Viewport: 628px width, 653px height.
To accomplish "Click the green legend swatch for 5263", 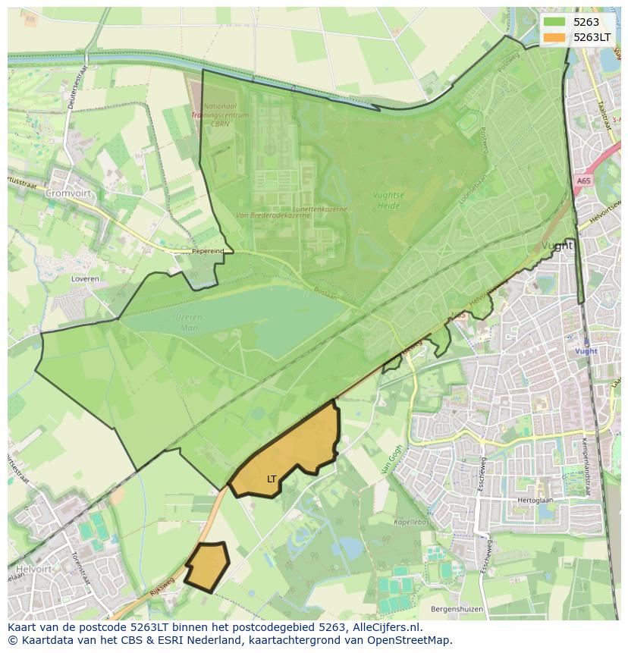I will [x=554, y=22].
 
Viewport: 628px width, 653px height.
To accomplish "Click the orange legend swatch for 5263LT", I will [x=554, y=37].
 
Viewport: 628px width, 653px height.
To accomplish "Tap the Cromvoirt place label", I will [x=68, y=193].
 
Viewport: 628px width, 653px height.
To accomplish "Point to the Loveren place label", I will [x=85, y=279].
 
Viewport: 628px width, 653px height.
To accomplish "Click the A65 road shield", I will [x=582, y=181].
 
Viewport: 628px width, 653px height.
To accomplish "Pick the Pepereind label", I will [x=208, y=250].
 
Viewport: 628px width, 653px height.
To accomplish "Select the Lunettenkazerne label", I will [x=319, y=208].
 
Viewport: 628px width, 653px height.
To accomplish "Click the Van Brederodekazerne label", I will [x=273, y=215].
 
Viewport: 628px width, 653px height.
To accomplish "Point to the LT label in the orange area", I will [x=272, y=479].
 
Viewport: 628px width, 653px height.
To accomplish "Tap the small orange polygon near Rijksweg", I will [x=206, y=567].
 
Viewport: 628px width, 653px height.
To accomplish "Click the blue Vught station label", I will [x=586, y=351].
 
